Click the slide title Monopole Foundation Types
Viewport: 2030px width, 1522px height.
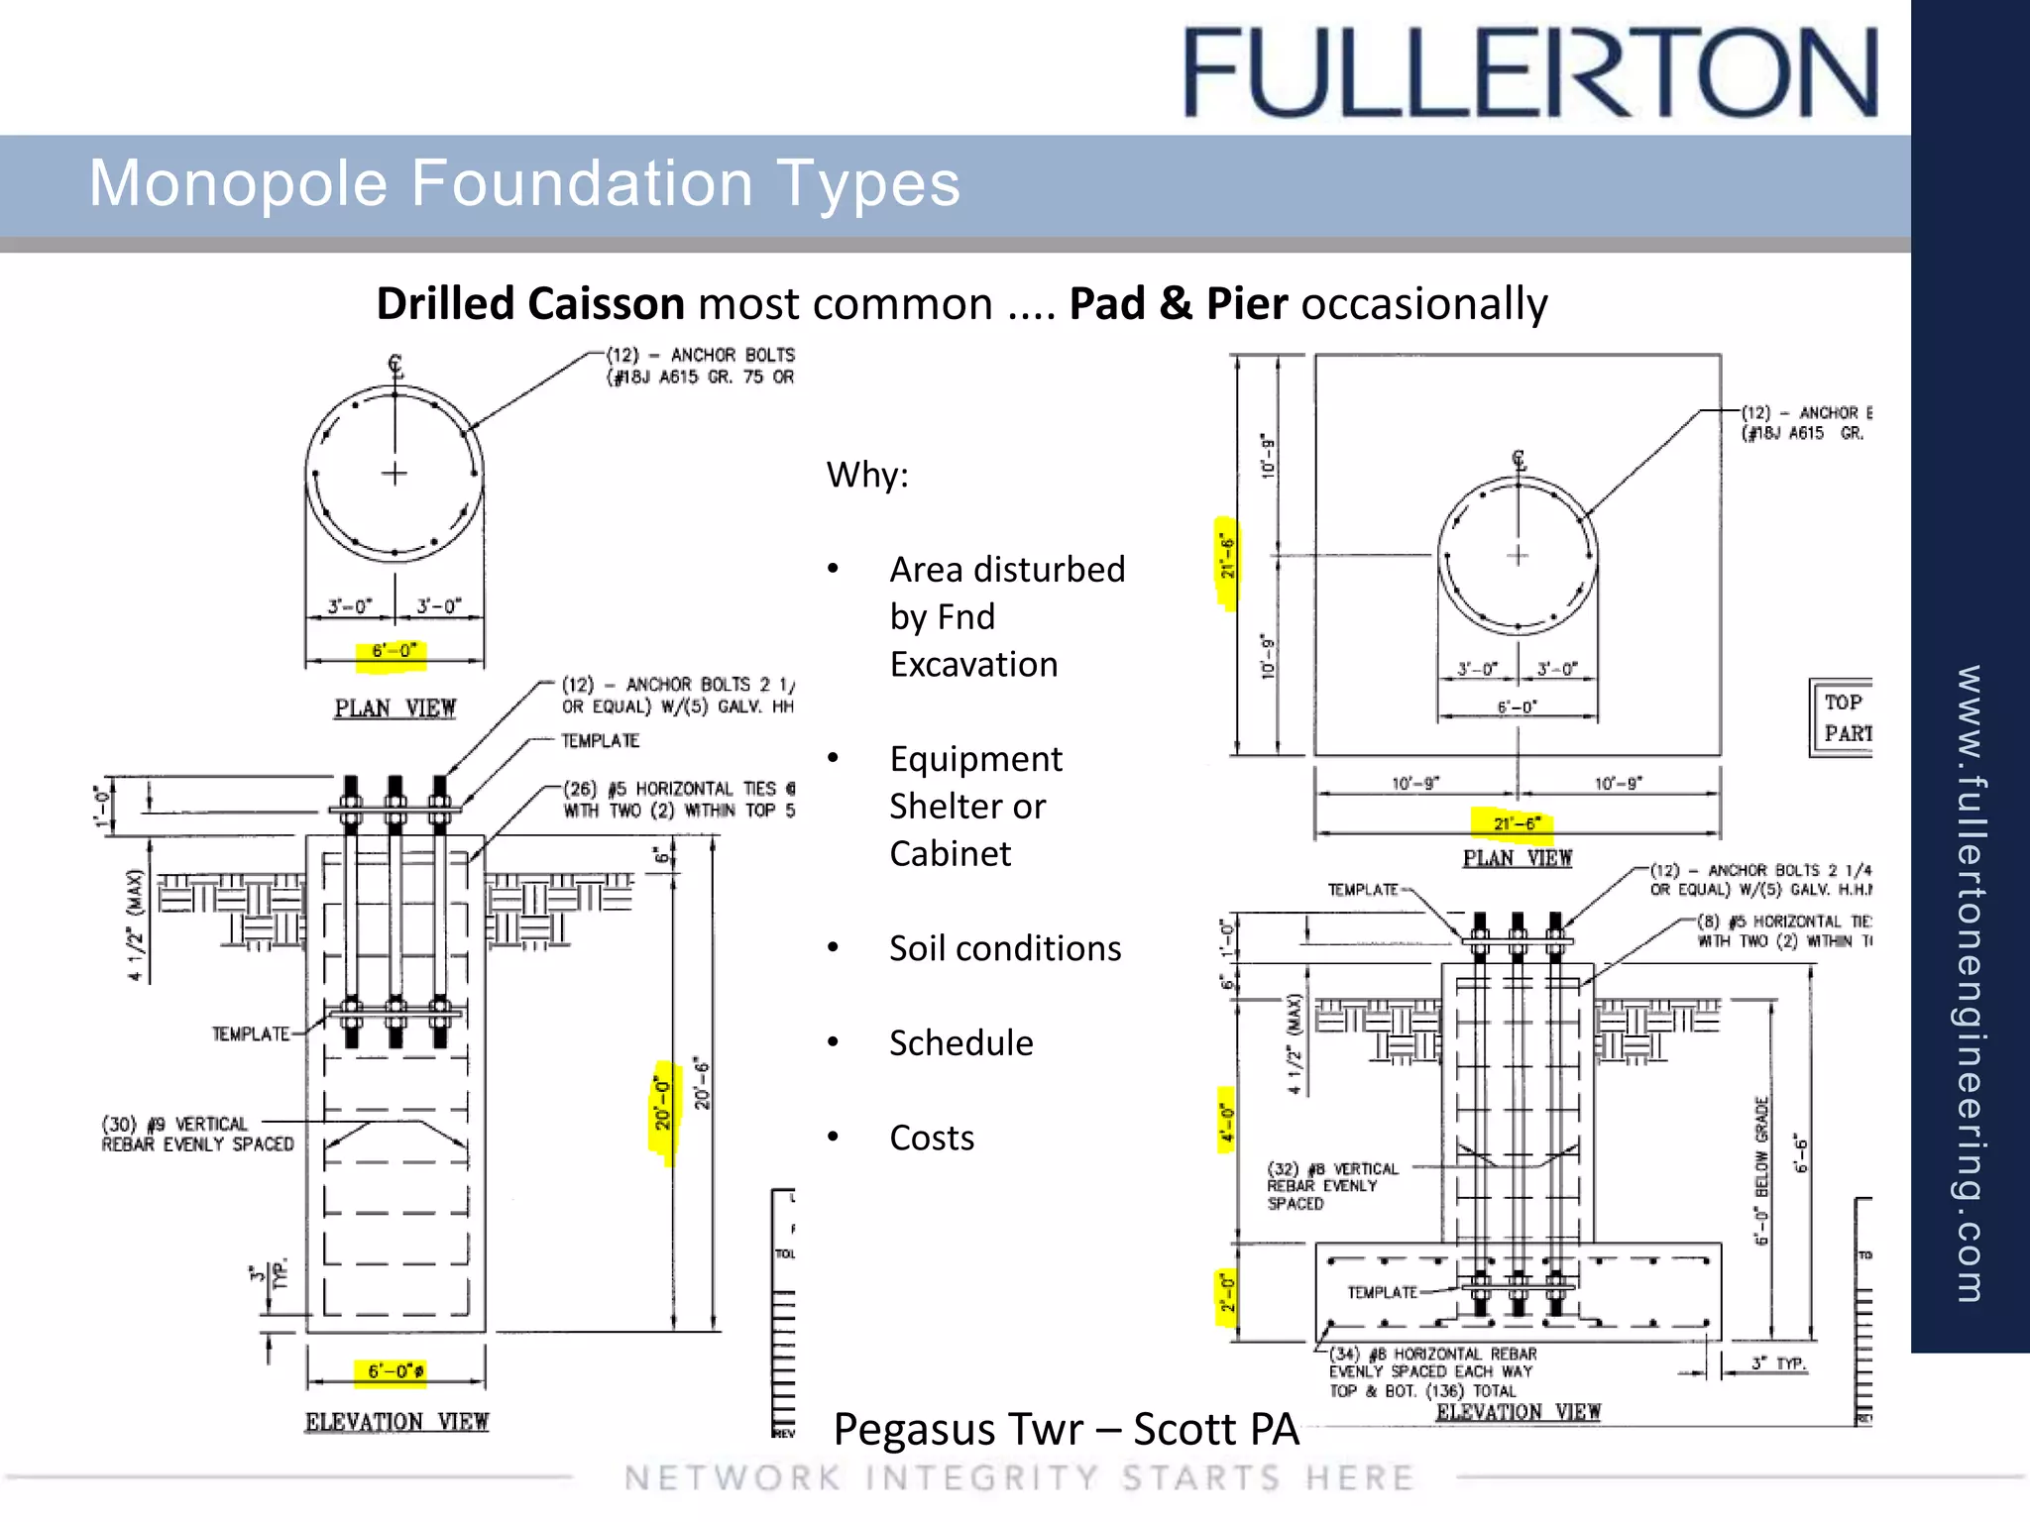[x=524, y=183]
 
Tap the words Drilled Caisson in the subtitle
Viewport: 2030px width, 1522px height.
[x=530, y=303]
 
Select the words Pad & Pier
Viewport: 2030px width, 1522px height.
[x=1178, y=303]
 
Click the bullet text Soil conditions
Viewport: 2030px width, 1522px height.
[x=1004, y=948]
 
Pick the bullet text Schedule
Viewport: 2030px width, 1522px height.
[x=960, y=1042]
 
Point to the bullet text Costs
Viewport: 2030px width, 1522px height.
[x=931, y=1138]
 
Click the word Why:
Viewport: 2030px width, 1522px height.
[x=867, y=475]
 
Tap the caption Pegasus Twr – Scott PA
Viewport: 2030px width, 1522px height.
[x=1066, y=1429]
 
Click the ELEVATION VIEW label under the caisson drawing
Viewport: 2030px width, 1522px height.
[x=396, y=1422]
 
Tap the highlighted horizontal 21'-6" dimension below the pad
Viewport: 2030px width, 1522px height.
[x=1517, y=823]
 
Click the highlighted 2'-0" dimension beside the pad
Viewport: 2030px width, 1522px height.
[x=1226, y=1293]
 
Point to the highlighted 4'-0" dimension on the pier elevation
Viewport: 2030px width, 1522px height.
[x=1226, y=1122]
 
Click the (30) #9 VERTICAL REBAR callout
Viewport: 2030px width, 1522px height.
[x=197, y=1134]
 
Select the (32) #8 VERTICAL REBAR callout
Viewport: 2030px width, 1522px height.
[x=1331, y=1185]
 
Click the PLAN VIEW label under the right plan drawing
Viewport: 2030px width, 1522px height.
[x=1517, y=858]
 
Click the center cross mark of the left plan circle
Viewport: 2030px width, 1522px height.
[x=395, y=474]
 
